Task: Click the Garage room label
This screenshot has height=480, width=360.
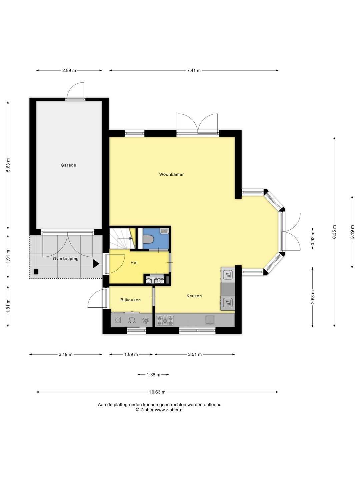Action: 68,165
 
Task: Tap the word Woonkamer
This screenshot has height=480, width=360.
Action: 171,174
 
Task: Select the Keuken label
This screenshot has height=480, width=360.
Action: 194,296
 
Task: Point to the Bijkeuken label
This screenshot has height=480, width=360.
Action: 130,300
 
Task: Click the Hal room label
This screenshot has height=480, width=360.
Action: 134,263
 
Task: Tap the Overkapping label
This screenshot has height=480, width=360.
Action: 66,259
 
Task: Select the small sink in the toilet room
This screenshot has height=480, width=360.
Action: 164,231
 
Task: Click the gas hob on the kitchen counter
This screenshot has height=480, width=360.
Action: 165,321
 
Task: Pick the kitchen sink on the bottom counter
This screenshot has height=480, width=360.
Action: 210,320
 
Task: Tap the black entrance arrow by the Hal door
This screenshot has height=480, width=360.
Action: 96,264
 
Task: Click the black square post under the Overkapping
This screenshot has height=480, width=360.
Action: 36,272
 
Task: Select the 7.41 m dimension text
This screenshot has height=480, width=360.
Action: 194,70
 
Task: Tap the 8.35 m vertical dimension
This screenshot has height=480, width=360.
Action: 334,232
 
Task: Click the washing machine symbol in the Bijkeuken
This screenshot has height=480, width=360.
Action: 118,320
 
